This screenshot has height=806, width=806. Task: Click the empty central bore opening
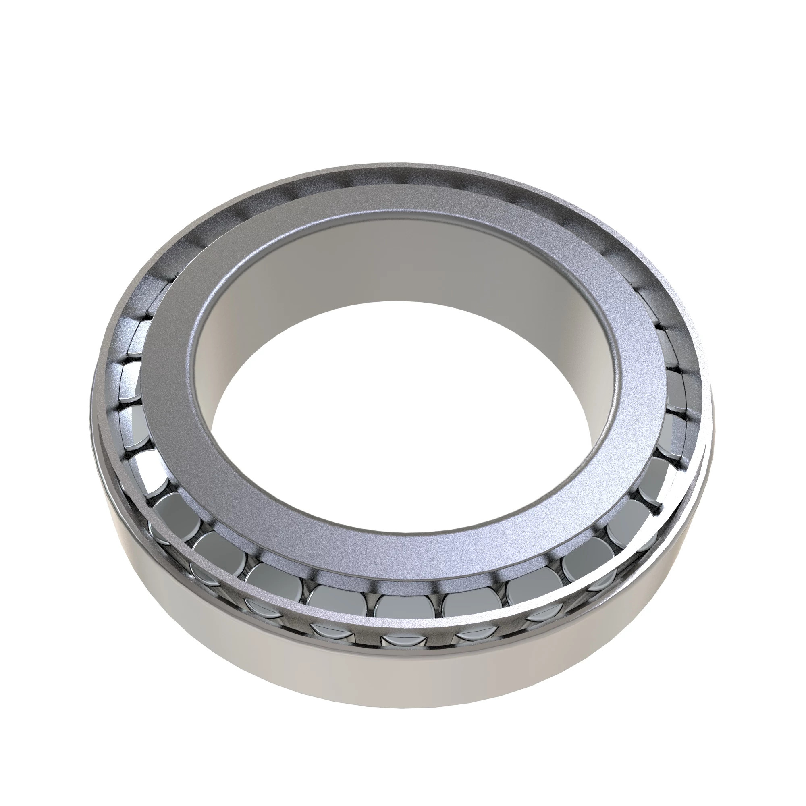[401, 417]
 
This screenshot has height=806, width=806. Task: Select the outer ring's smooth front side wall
[401, 709]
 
